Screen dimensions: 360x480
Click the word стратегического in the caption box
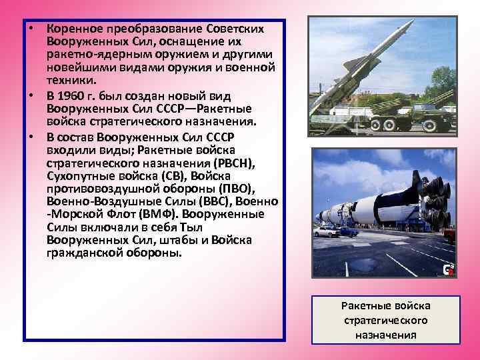(x=386, y=320)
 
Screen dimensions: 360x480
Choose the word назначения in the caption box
(x=386, y=335)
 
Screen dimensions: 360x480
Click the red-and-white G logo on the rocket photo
(x=449, y=269)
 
